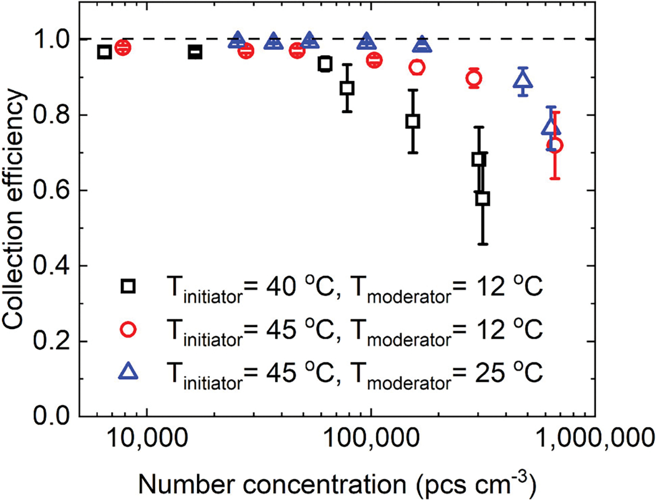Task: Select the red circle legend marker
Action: click(x=128, y=329)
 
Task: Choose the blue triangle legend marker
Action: click(x=128, y=372)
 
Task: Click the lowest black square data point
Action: click(x=482, y=199)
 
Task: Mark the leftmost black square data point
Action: click(x=104, y=52)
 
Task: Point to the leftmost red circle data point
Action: click(x=123, y=47)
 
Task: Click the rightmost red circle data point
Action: click(x=555, y=145)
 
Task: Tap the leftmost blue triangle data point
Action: click(x=237, y=40)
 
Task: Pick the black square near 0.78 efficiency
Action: click(x=413, y=121)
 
